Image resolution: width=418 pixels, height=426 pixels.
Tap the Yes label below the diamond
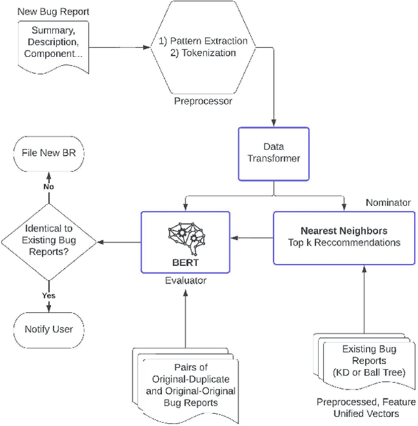[x=48, y=295]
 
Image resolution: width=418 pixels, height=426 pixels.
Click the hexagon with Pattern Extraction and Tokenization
[x=203, y=47]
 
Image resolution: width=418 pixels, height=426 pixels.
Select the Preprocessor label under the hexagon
[x=203, y=101]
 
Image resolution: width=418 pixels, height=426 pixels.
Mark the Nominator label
[x=388, y=203]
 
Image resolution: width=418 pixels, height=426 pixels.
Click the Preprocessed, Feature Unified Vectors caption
[x=364, y=408]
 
